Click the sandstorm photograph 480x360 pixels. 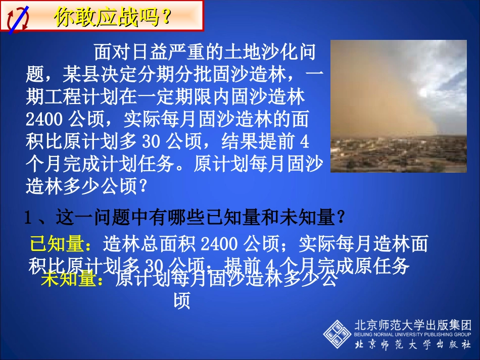coord(398,106)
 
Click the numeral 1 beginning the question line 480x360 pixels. coord(29,219)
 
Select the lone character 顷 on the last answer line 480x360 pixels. coord(181,301)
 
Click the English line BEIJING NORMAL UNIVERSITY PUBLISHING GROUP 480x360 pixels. coord(413,334)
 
